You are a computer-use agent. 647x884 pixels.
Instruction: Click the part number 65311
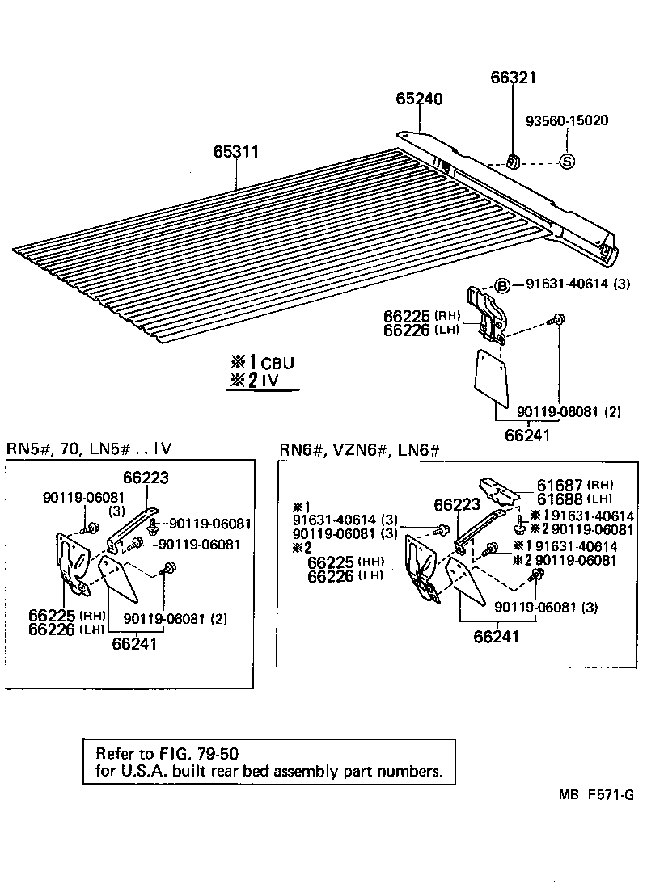237,151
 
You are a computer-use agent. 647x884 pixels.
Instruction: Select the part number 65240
419,99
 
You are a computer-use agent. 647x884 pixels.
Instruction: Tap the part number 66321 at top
514,78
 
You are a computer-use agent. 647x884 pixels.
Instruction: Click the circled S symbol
567,162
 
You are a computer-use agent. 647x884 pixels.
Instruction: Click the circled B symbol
501,284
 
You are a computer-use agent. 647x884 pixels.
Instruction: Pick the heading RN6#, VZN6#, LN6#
359,449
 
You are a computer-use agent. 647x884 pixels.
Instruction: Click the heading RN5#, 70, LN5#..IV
89,448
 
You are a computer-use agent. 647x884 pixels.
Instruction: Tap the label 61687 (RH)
574,485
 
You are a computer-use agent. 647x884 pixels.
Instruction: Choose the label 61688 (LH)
574,498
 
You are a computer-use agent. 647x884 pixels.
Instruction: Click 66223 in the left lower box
146,478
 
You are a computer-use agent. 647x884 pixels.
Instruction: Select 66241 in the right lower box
496,637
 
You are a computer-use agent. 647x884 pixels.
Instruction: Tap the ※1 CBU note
260,363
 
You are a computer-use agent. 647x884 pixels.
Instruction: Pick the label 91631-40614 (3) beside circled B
577,284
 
